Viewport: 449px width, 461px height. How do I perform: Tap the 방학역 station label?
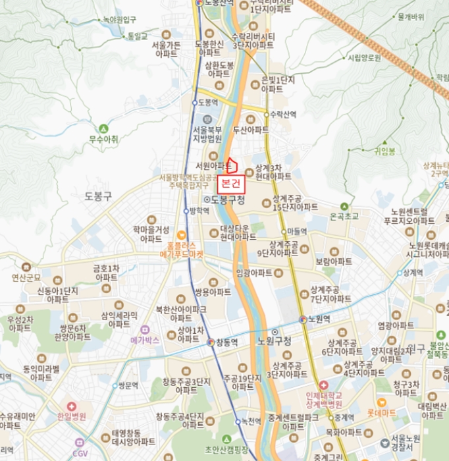click(199, 211)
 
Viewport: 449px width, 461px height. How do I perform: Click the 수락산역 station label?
click(284, 114)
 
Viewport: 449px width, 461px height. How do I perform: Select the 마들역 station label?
click(297, 231)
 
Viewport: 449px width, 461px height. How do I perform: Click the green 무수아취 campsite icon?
click(103, 128)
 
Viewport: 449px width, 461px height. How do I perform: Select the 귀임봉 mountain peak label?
click(384, 151)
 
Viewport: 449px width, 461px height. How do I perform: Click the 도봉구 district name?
click(98, 196)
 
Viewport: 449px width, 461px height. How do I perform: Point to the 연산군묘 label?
click(26, 277)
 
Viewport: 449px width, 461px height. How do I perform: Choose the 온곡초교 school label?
click(344, 216)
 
